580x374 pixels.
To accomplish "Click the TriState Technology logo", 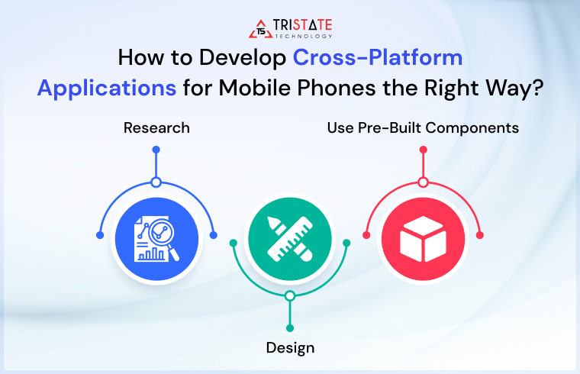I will tap(289, 28).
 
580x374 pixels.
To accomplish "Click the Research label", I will tap(156, 127).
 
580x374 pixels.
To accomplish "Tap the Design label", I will tap(290, 348).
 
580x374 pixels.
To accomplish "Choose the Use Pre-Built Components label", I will tap(423, 127).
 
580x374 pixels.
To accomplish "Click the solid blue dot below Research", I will tap(156, 150).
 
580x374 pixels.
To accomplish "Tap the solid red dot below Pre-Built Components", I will tap(423, 150).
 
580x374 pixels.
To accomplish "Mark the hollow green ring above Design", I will tap(290, 295).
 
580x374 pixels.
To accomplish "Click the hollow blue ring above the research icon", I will tap(156, 182).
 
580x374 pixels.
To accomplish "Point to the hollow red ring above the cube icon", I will tap(423, 182).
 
